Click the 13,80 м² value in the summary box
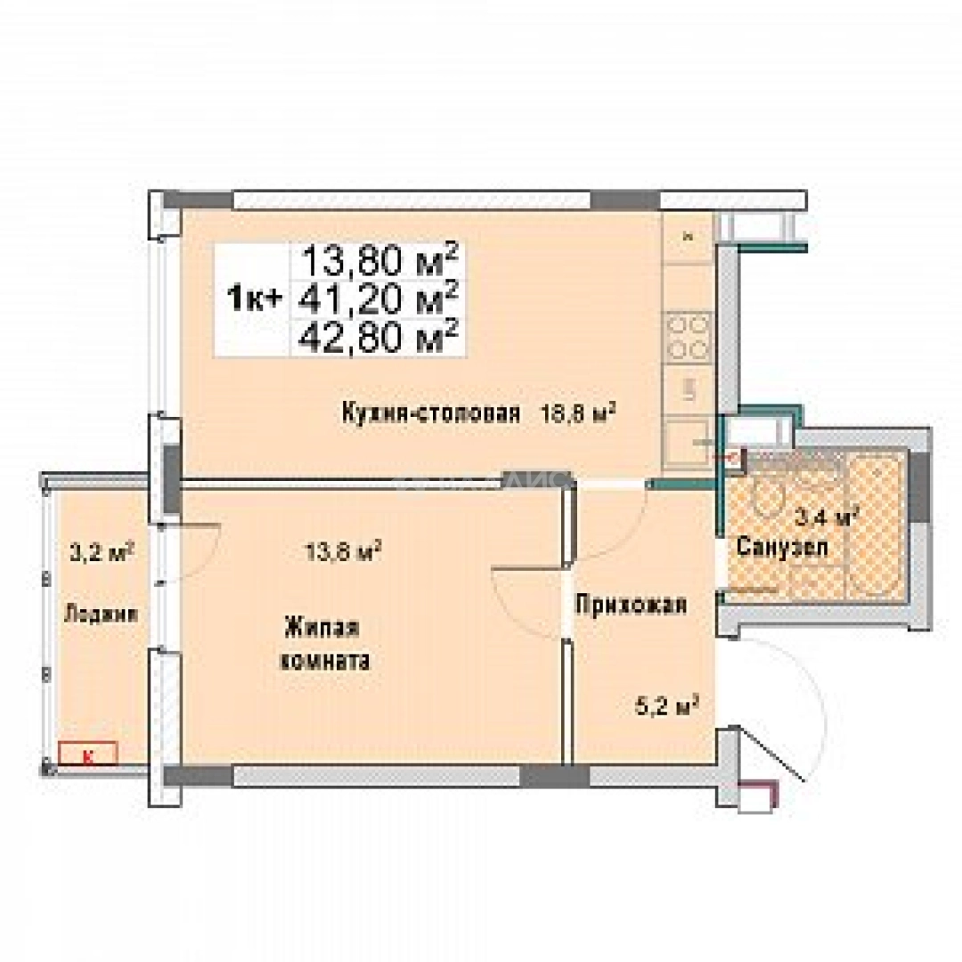click(380, 261)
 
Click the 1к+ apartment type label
click(255, 298)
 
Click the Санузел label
click(781, 548)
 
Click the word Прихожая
click(630, 605)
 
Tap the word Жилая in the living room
click(322, 628)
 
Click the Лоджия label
click(100, 613)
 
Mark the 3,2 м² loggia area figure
click(101, 551)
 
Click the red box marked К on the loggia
click(87, 756)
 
